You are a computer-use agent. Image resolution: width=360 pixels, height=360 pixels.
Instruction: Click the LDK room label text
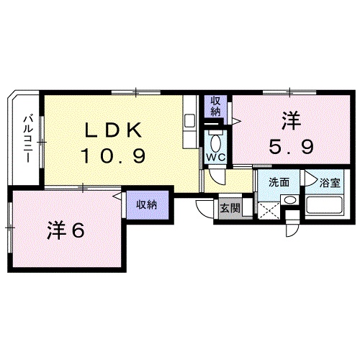click(113, 130)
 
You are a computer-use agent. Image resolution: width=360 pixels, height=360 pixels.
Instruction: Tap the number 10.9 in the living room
click(113, 156)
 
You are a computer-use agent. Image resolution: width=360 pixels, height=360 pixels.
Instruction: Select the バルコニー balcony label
click(27, 139)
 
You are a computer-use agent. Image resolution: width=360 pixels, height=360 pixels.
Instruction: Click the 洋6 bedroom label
click(66, 230)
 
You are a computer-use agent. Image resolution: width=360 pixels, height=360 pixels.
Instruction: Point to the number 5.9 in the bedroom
click(292, 147)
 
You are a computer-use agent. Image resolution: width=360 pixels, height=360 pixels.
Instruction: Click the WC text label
click(216, 157)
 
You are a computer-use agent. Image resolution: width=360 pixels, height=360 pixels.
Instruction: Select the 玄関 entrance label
click(230, 208)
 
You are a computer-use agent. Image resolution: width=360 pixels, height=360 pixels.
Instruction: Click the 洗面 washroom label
click(279, 182)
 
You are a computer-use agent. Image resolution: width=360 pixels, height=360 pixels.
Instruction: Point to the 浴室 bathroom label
click(330, 183)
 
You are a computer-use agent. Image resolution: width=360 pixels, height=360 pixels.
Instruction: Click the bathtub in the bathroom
click(325, 206)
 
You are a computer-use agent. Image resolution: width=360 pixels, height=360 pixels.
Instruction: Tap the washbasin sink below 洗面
click(289, 199)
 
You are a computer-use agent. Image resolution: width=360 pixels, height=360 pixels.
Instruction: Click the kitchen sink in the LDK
click(190, 122)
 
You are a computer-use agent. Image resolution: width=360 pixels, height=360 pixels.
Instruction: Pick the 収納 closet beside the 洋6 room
click(147, 205)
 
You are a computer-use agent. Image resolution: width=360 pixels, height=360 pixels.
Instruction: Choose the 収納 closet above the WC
click(215, 107)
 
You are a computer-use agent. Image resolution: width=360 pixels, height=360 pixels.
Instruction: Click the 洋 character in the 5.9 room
click(292, 120)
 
